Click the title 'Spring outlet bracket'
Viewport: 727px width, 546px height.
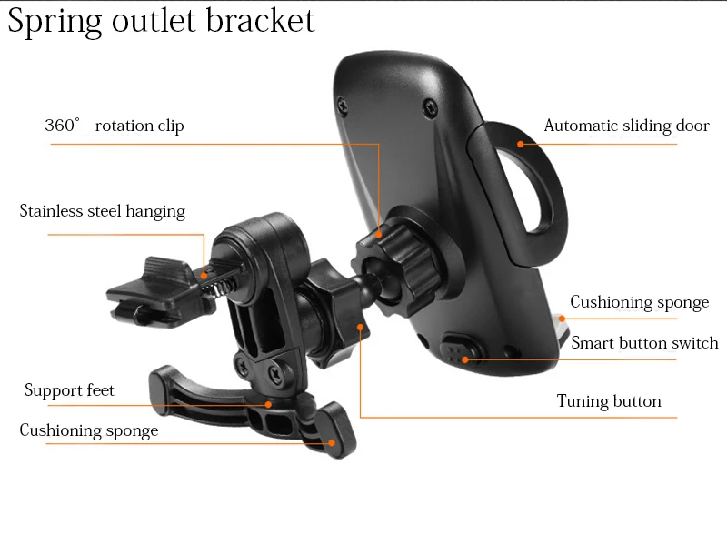[x=162, y=21]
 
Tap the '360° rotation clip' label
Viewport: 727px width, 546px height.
[x=115, y=126]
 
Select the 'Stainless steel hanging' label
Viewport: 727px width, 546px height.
[x=103, y=211]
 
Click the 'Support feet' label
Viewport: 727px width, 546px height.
[x=70, y=390]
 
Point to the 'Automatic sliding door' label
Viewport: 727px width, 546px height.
[x=626, y=126]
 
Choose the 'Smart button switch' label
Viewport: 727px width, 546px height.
[x=644, y=343]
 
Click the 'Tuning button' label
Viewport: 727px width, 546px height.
[x=609, y=401]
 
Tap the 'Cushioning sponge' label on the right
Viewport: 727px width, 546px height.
[x=639, y=302]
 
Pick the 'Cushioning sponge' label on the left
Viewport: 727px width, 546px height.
[x=89, y=430]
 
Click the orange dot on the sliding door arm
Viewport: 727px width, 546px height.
[x=521, y=143]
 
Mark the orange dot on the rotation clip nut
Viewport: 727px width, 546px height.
[x=378, y=235]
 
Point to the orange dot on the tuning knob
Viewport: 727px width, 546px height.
[x=361, y=327]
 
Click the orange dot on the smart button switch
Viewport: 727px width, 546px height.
[x=464, y=359]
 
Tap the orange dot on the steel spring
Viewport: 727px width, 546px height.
[x=204, y=274]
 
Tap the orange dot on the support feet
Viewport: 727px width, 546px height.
[x=269, y=404]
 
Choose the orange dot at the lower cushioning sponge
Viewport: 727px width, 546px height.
[x=332, y=442]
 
